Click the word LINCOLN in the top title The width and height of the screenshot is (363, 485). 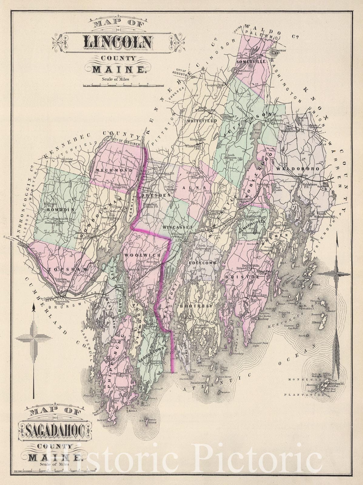pyautogui.click(x=118, y=42)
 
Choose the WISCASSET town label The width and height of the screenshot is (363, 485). pyautogui.click(x=178, y=227)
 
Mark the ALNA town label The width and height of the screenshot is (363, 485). pyautogui.click(x=200, y=188)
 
